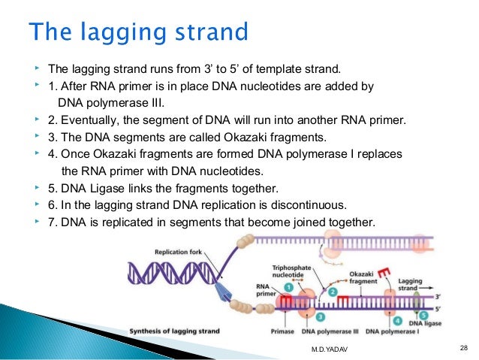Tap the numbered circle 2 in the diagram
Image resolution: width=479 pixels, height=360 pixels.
pyautogui.click(x=331, y=289)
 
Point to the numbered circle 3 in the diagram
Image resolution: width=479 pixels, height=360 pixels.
pyautogui.click(x=300, y=317)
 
